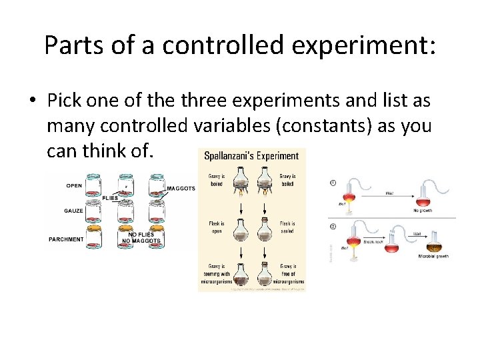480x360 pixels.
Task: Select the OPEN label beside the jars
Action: [74, 185]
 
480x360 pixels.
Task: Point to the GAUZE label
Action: [74, 211]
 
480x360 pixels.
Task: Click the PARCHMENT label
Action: [66, 239]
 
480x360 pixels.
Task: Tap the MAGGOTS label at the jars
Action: [181, 189]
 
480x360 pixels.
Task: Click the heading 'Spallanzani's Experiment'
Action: [252, 156]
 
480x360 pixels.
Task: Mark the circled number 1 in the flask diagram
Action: [333, 183]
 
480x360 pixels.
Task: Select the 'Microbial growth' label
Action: [433, 257]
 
